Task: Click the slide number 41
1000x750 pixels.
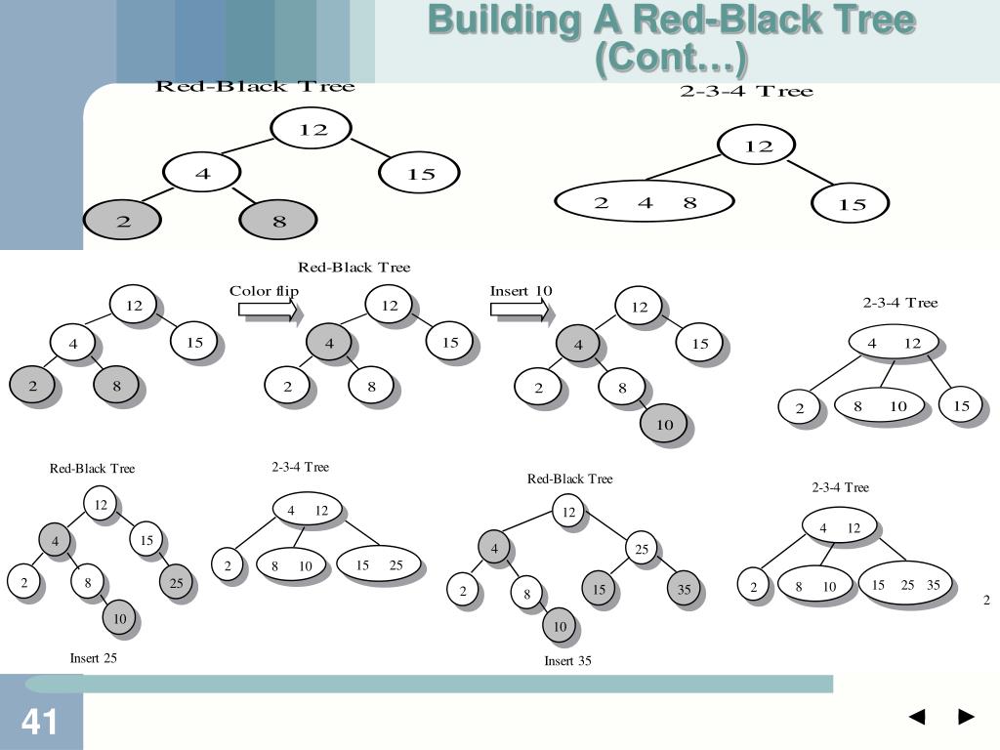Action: [39, 722]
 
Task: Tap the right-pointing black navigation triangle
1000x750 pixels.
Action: [966, 716]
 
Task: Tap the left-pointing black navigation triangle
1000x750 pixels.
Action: [917, 716]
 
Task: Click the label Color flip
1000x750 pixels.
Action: [264, 291]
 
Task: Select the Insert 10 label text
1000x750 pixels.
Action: [521, 291]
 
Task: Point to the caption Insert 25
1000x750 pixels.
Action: [93, 658]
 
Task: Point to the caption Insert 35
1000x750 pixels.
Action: [567, 661]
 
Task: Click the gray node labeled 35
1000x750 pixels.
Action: [684, 589]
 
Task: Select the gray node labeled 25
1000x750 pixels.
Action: [176, 582]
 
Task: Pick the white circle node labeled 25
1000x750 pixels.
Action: [642, 549]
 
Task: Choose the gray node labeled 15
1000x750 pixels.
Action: [599, 589]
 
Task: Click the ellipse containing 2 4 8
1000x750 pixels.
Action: [645, 202]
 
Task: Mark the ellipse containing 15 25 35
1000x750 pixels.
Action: [905, 584]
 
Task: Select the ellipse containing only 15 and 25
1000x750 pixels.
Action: [379, 564]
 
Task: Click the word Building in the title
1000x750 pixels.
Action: [504, 21]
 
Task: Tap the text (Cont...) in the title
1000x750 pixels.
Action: [671, 58]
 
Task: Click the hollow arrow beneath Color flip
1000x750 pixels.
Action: [268, 310]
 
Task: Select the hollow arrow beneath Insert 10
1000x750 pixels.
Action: [520, 310]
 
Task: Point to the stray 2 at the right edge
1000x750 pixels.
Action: [986, 600]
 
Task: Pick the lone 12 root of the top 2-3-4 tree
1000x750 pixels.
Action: [757, 146]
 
